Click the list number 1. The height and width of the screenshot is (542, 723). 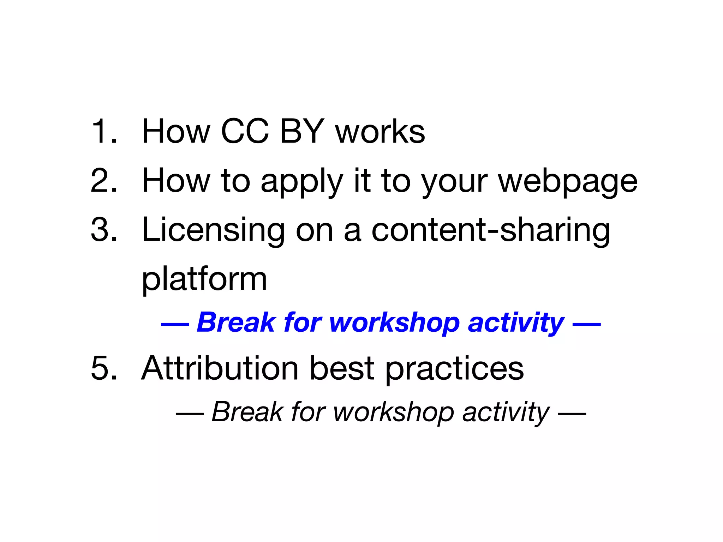[104, 131]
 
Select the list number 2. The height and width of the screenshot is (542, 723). [104, 181]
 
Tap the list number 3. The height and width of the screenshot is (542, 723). [104, 230]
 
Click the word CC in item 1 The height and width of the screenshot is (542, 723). [245, 131]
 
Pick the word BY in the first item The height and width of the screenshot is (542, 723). [302, 131]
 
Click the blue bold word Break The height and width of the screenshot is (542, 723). [236, 322]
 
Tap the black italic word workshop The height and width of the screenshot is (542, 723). [393, 412]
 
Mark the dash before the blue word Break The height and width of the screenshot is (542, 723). [175, 324]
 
